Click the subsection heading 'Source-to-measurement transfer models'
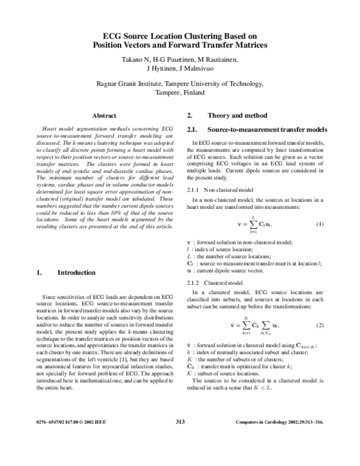point(267,130)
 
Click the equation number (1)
point(320,225)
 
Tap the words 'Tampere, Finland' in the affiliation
point(179,93)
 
